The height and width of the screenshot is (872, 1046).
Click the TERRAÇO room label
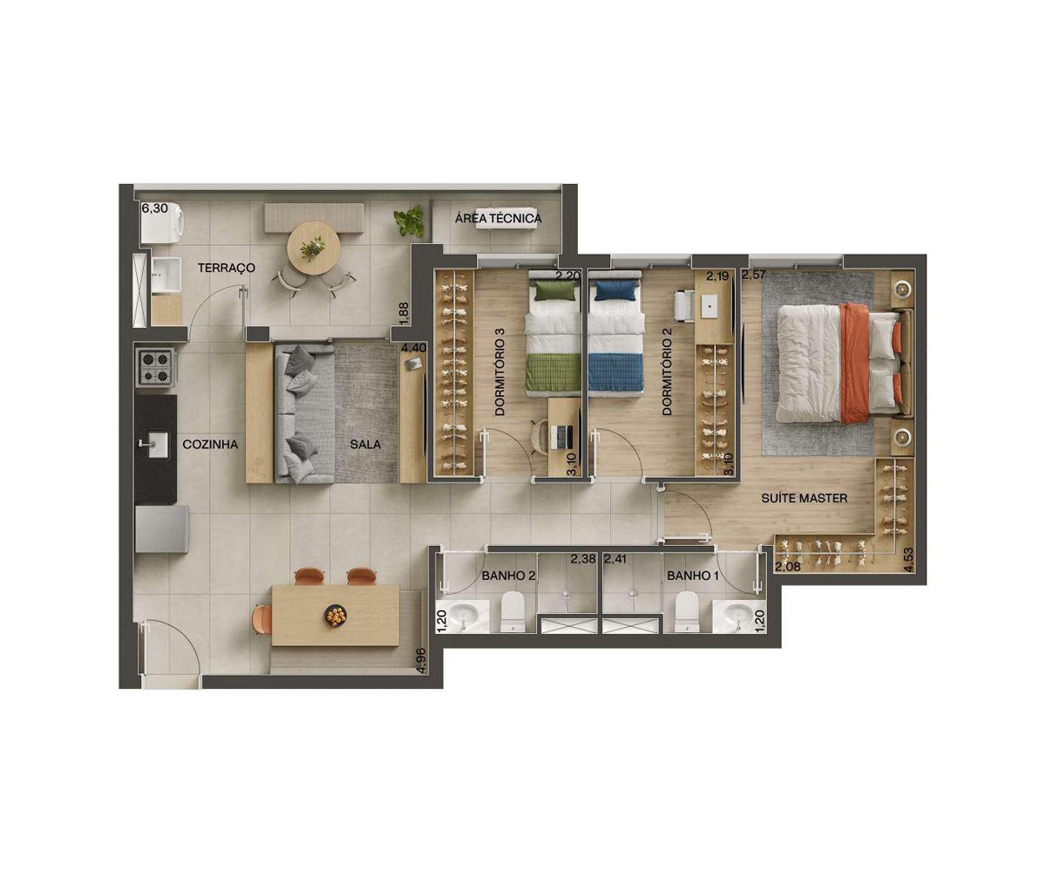[227, 268]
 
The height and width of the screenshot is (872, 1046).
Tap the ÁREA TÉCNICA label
[498, 218]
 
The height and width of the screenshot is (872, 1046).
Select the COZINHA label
[210, 445]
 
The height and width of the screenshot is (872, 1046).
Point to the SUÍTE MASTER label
[804, 498]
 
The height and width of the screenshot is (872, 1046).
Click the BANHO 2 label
[508, 576]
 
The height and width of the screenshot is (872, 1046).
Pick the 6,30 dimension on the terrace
[155, 208]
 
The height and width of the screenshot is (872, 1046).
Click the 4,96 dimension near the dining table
[421, 662]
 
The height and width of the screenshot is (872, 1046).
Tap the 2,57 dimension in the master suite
[755, 275]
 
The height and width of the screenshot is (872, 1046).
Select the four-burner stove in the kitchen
[156, 367]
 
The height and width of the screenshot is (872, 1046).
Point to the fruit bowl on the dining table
[335, 616]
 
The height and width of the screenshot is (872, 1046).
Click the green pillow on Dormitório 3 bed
[554, 290]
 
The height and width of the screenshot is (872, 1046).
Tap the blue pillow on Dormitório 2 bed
[615, 290]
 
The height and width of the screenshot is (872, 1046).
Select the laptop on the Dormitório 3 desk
[561, 437]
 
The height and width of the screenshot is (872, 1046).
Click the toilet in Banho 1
[687, 612]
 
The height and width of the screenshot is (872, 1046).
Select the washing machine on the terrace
[162, 223]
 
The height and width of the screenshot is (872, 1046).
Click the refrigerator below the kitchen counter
[161, 529]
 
